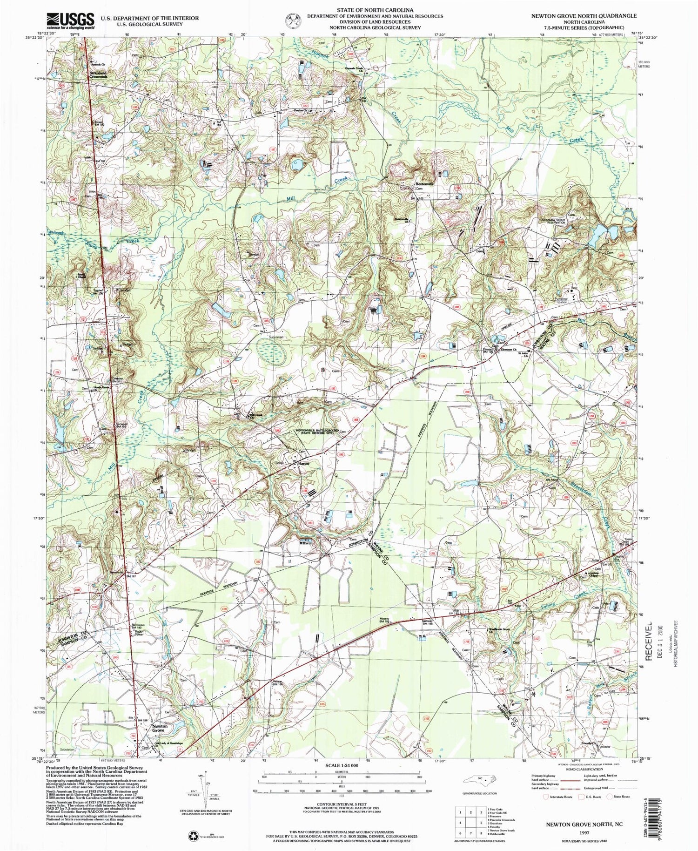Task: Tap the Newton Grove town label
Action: click(158, 741)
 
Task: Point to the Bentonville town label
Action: click(423, 183)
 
